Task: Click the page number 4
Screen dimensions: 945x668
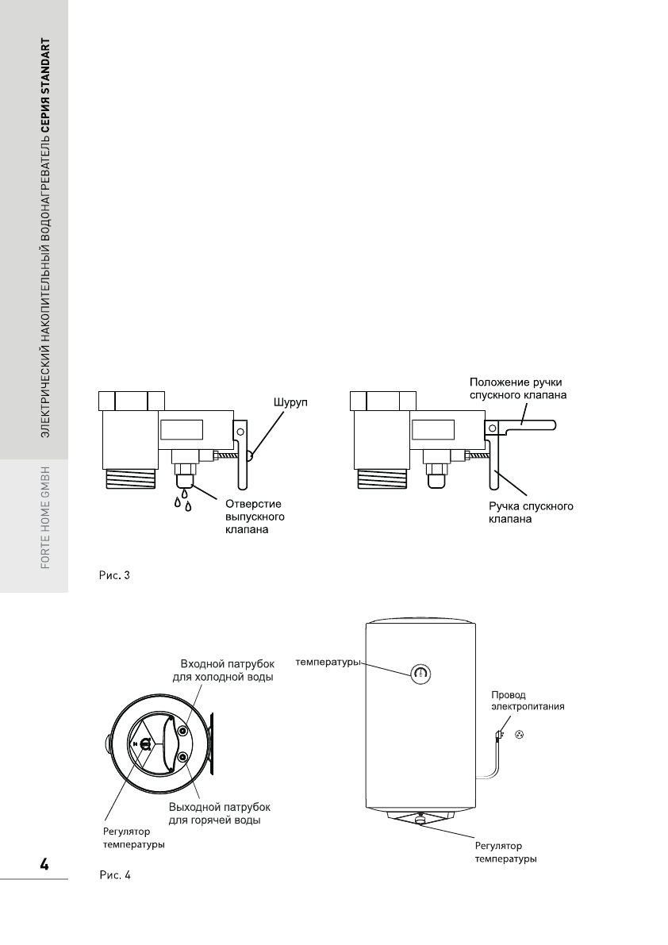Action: pos(44,864)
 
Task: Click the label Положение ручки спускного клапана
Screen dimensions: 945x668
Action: pos(516,388)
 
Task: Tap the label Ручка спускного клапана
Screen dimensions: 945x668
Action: pos(530,513)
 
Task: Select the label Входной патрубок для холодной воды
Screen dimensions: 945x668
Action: pos(223,670)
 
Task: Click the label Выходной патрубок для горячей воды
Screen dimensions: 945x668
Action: pos(220,812)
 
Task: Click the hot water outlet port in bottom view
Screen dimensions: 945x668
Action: pos(183,758)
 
